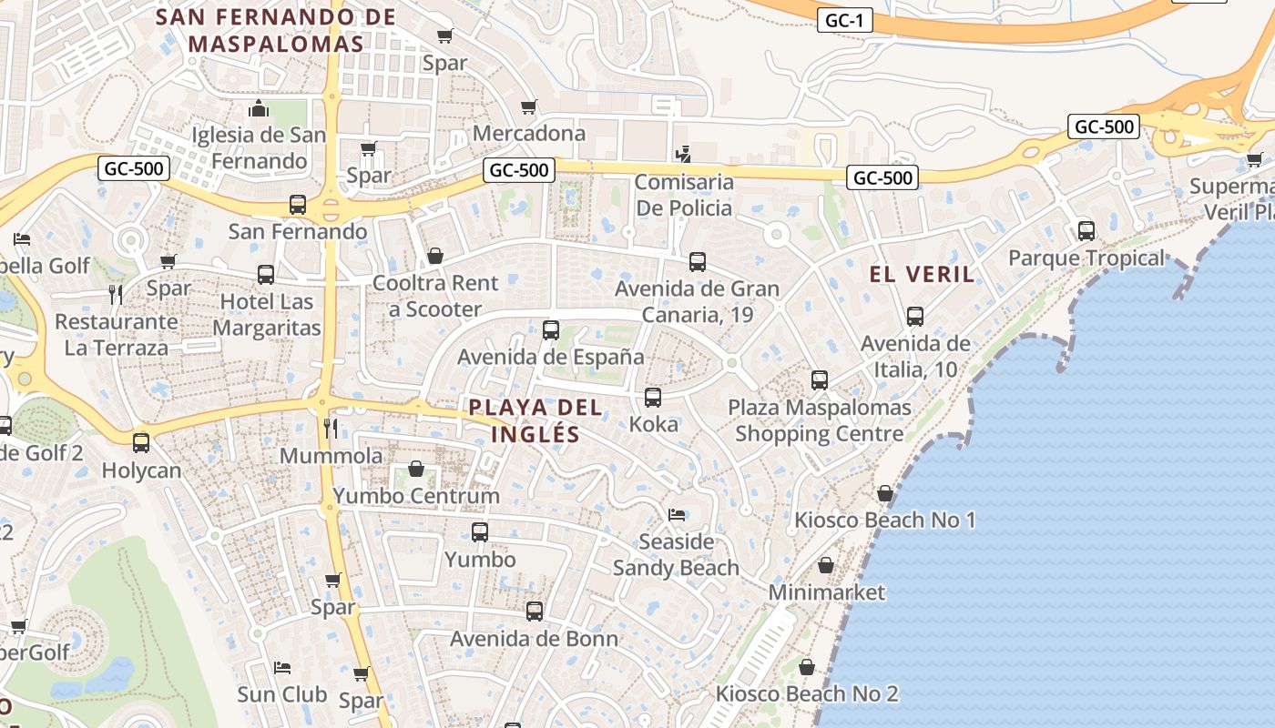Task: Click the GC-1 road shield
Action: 844,20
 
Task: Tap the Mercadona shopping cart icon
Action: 529,107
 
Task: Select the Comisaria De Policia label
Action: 683,195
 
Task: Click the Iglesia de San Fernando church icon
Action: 259,109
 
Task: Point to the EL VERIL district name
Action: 922,274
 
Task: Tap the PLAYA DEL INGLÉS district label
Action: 535,420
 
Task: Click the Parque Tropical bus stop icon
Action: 1086,231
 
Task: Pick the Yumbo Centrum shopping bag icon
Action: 416,469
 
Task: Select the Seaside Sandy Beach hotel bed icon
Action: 676,515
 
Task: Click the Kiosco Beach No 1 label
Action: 884,521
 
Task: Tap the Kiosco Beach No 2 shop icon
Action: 806,667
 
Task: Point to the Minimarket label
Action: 826,592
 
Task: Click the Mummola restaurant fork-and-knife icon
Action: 331,428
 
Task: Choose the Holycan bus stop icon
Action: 141,443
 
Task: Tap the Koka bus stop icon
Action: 653,398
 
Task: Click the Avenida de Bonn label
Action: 534,639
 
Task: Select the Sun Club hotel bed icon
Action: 282,668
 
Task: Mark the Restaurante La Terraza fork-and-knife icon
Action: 116,294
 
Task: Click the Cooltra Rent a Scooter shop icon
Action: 435,257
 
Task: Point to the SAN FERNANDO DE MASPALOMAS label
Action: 276,30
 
